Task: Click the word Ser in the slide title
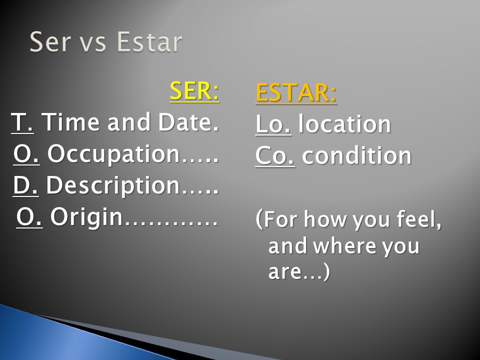[x=50, y=41]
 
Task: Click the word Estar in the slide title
[x=149, y=41]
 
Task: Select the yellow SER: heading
[x=194, y=91]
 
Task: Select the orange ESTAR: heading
[x=296, y=92]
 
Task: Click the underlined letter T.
[x=22, y=122]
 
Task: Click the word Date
[x=189, y=122]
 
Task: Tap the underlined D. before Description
[x=25, y=185]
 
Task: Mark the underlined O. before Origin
[x=29, y=216]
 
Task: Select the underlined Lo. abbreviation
[x=273, y=124]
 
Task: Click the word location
[x=344, y=124]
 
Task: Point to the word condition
[x=356, y=155]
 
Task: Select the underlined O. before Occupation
[x=26, y=154]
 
